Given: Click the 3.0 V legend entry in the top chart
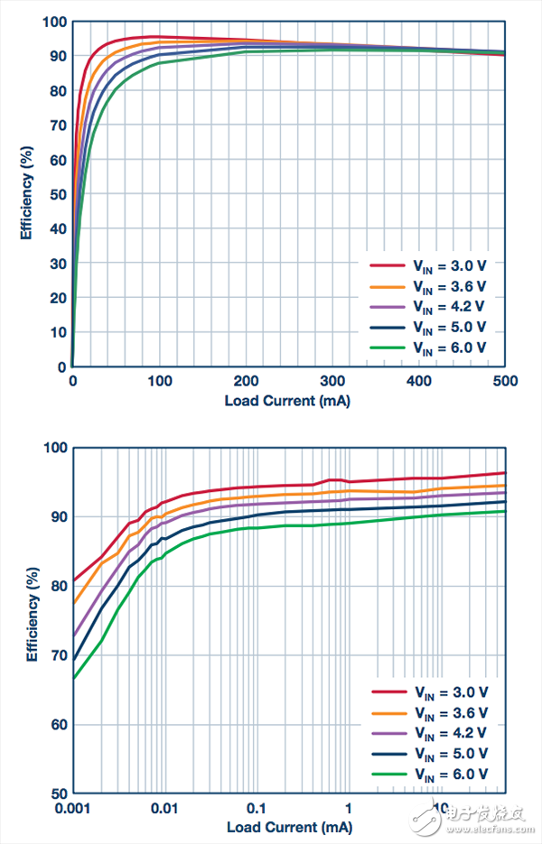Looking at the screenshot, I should pos(427,265).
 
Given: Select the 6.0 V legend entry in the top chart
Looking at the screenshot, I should pos(427,348).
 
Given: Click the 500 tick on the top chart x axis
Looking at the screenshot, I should pos(504,382).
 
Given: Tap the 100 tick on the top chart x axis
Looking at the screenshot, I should pos(159,382).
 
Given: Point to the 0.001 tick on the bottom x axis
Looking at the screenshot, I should pos(73,808).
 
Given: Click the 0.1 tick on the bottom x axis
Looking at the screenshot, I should pos(256,808).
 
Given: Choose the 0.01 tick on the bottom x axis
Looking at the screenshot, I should pos(164,808).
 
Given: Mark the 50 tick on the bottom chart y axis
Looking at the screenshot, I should pos(57,794).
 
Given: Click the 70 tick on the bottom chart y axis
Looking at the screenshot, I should pos(57,655).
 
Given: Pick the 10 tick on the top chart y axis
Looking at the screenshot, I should pos(57,333).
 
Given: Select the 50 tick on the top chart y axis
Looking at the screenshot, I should pos(57,194).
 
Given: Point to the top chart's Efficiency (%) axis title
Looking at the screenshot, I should pos(28,193).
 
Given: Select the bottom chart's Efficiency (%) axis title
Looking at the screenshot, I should pos(28,618).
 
